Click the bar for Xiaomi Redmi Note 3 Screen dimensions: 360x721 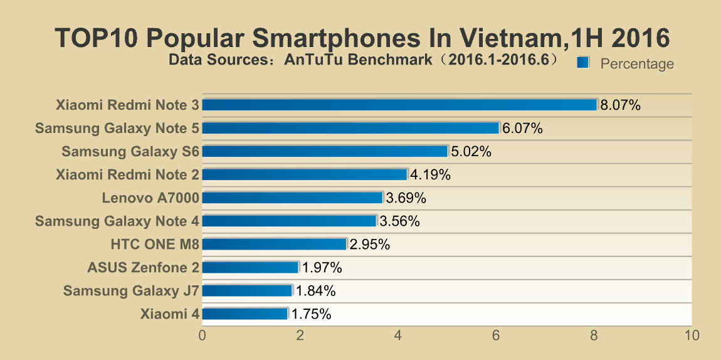(x=399, y=105)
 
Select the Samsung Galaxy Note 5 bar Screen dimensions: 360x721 (x=350, y=128)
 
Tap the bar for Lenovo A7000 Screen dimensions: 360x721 (x=292, y=198)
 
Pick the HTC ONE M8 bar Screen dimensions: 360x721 (x=274, y=244)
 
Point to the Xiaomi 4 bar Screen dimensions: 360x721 (x=245, y=314)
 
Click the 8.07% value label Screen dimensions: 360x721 (x=620, y=105)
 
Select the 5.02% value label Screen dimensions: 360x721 (x=470, y=152)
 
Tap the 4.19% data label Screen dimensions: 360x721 (x=430, y=175)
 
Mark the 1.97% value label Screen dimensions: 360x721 (x=322, y=268)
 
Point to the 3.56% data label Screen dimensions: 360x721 (x=399, y=221)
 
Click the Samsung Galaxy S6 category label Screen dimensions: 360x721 (x=130, y=152)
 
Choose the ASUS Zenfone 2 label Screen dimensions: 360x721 (x=144, y=268)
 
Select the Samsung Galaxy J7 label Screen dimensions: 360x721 (x=131, y=291)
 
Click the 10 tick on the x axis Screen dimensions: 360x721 (x=692, y=336)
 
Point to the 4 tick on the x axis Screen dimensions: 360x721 (x=398, y=336)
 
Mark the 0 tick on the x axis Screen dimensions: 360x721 (x=202, y=336)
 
